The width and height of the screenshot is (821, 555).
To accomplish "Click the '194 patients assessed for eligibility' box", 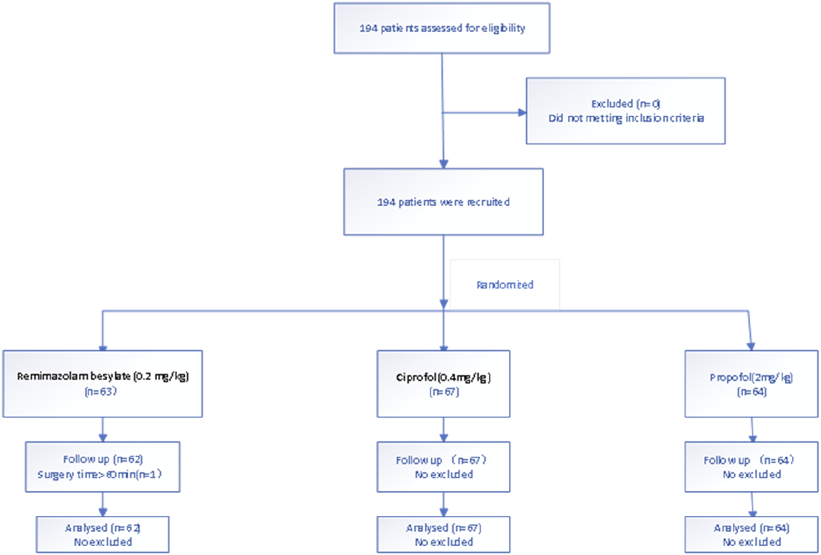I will pos(442,28).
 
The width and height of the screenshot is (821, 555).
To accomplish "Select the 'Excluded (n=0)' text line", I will pos(625,103).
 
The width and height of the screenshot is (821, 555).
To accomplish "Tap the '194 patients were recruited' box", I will pos(443,202).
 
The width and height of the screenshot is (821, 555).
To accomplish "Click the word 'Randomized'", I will pos(505,285).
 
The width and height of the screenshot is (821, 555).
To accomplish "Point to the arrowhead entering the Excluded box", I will pos(522,112).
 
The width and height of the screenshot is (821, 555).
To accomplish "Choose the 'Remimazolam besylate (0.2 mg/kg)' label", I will pos(103,376).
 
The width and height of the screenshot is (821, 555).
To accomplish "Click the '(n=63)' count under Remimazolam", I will pos(101,391).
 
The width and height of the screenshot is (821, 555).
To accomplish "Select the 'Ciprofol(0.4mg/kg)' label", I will pos(444,377).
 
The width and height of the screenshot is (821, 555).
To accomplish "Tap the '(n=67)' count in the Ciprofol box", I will pos(444,392).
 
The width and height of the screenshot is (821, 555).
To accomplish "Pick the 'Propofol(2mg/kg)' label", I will pos(751,377).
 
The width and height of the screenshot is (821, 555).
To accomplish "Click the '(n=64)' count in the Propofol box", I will pos(751,392).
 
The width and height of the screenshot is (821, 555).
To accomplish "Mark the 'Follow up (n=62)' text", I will pos(103,459).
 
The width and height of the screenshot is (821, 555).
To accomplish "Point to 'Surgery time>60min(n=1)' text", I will pos(100,474).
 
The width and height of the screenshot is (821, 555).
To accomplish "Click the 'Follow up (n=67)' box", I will pos(443,467).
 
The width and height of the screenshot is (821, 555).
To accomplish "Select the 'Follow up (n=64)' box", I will pos(751,467).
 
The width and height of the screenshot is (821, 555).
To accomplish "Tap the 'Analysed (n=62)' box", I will pos(103,535).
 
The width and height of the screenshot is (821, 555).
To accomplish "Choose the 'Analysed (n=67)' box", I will pos(443,535).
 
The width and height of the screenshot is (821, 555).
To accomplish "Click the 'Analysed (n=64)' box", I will pos(751,535).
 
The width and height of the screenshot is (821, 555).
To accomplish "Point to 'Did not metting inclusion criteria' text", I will pos(626,118).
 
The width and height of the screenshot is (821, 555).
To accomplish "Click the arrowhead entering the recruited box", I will pos(444,164).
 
